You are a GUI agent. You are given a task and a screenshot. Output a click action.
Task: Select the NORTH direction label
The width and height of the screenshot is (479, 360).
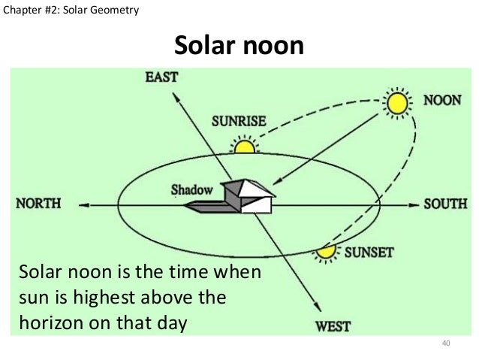pos(37,203)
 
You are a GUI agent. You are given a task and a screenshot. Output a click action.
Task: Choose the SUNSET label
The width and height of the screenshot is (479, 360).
pos(369,252)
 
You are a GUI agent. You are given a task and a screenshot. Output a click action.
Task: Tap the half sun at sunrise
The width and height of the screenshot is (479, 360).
pos(243,145)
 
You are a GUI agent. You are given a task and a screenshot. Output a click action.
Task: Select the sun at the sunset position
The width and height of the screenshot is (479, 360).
pos(325,252)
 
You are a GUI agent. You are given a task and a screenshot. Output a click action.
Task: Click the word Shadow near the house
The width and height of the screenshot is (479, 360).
pos(191,189)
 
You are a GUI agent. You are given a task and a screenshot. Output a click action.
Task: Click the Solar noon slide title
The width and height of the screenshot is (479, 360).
pos(239,47)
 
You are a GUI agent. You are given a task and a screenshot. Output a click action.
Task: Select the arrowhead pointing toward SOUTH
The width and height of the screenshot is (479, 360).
pos(415,203)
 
